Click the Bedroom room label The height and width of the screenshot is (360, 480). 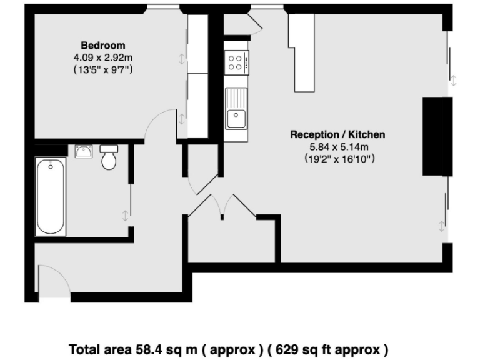coord(103,46)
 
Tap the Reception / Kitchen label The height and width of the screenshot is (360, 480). coord(337,134)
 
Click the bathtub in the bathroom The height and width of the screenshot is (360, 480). coord(51,196)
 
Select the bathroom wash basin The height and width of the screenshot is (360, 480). coord(84,151)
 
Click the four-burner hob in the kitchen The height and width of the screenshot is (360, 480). coord(237,61)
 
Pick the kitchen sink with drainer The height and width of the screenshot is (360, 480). coord(236,109)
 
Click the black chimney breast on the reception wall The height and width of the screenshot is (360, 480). coord(435,136)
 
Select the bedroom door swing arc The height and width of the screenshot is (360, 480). coord(159,122)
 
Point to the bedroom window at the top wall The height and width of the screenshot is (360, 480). coord(160,8)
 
